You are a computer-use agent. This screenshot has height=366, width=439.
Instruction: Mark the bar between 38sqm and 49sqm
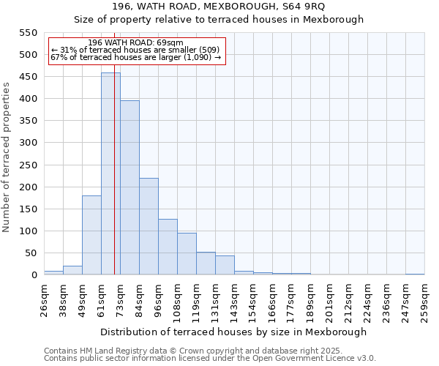[72, 270]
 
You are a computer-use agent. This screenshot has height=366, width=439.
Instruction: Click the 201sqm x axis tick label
[329, 300]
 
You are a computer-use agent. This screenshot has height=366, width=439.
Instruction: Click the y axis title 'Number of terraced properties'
[7, 157]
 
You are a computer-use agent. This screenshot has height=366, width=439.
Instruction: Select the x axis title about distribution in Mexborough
[233, 332]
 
